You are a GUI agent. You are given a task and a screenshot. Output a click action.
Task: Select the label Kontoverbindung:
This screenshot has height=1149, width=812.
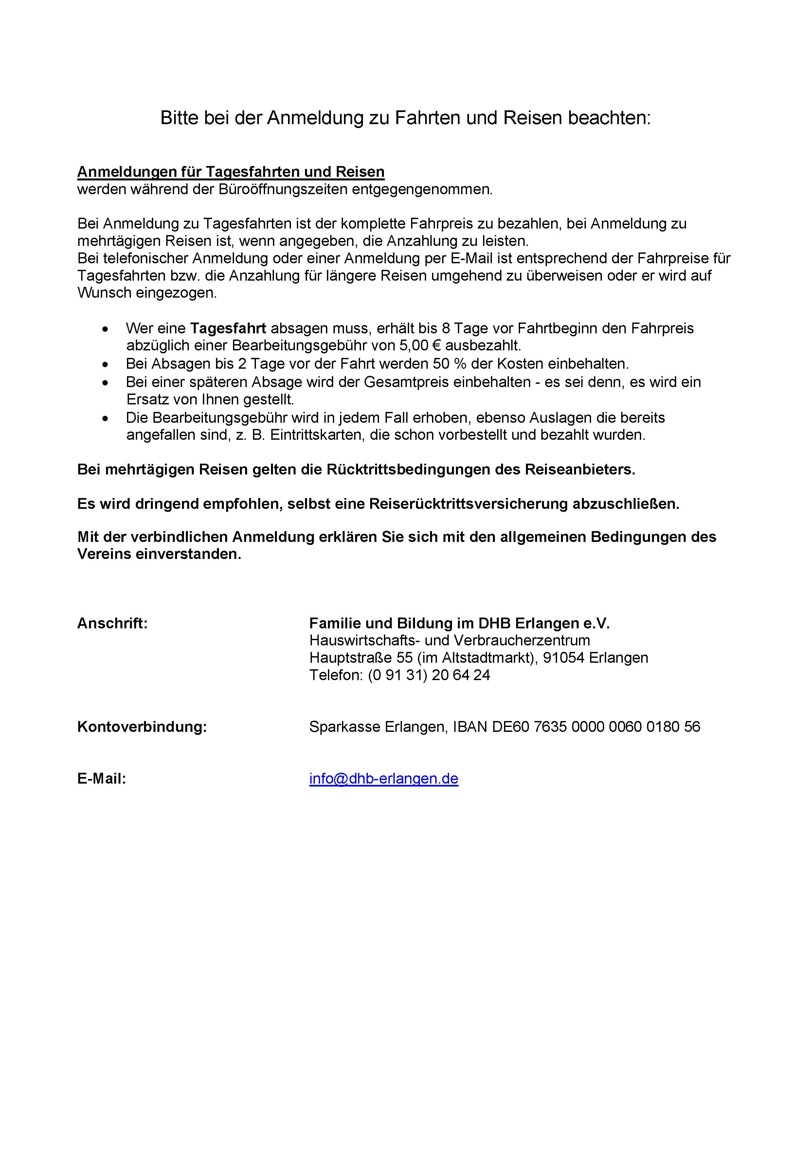[x=142, y=727]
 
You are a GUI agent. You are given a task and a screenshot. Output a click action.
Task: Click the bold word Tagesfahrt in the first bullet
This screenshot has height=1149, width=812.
[x=228, y=328]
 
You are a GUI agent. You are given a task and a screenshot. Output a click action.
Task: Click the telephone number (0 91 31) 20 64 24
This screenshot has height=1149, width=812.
[x=429, y=675]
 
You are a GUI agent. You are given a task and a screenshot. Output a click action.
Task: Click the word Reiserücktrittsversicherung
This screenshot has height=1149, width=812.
[x=468, y=504]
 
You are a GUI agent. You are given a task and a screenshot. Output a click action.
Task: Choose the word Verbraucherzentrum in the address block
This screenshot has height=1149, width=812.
[x=521, y=640]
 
